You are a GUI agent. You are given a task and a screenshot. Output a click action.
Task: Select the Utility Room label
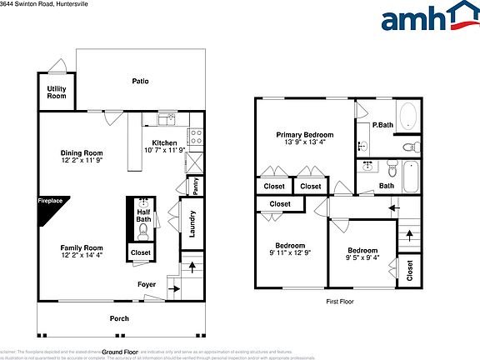point(56,92)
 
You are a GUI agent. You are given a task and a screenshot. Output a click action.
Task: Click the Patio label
point(140,81)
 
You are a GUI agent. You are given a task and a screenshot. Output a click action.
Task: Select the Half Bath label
point(142,216)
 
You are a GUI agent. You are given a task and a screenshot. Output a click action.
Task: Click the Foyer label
point(147,284)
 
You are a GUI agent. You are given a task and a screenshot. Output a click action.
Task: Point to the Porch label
point(120,318)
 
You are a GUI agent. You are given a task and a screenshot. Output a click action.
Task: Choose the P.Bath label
point(382,125)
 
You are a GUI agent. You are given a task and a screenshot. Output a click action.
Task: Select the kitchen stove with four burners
point(197,135)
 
